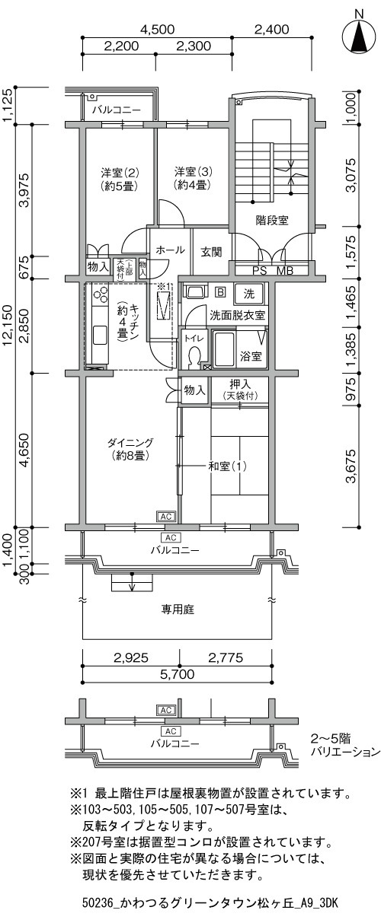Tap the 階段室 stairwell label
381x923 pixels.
point(271,221)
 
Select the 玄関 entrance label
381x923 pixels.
point(212,252)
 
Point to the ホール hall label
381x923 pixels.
point(170,250)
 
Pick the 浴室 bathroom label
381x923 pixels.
point(251,356)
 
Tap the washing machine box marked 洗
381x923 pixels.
point(249,294)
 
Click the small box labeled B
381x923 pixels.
point(221,292)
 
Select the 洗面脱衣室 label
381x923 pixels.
point(237,316)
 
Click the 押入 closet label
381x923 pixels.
point(240,384)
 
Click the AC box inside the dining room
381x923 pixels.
point(165,517)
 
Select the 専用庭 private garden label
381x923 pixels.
point(178,609)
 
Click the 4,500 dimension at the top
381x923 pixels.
point(157,30)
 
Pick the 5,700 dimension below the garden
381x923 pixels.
point(177,674)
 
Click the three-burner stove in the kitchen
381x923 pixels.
point(101,294)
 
